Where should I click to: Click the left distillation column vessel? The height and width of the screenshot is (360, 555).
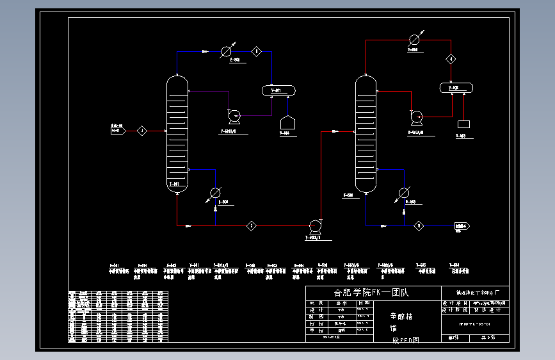(177, 134)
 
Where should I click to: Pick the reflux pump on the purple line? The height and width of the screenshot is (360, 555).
(234, 116)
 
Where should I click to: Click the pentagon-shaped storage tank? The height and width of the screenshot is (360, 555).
(287, 122)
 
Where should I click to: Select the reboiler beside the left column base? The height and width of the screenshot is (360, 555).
(216, 193)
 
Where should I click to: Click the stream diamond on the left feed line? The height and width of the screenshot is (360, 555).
(141, 131)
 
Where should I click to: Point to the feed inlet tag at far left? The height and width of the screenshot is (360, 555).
(117, 130)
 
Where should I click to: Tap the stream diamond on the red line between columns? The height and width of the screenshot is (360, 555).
(252, 225)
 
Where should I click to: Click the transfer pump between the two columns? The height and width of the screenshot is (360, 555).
(314, 225)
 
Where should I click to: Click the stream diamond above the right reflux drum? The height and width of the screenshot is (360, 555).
(451, 59)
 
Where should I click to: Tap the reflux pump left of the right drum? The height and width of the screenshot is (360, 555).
(417, 117)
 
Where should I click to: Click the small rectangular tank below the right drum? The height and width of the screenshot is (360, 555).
(463, 123)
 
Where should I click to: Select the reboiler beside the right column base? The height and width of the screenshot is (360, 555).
(404, 193)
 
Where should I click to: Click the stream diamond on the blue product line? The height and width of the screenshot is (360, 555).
(419, 225)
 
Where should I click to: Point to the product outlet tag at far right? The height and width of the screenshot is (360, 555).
(462, 226)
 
